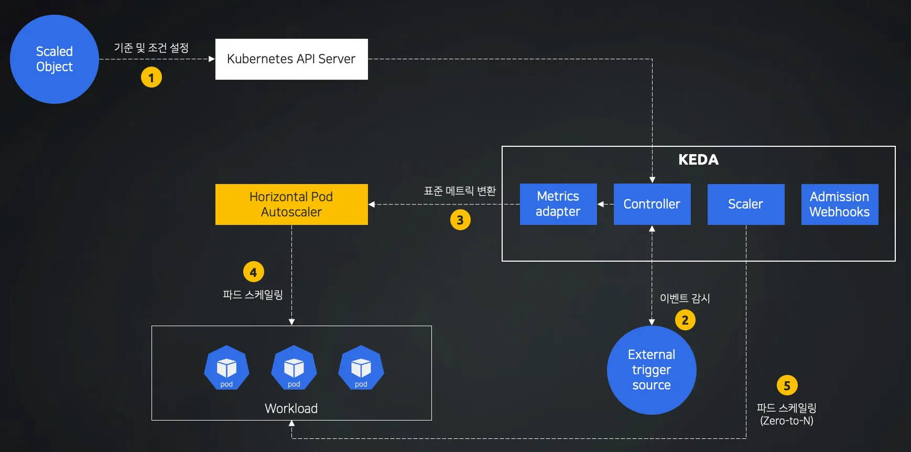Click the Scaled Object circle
[x=55, y=59]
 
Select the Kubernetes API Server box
[x=291, y=59]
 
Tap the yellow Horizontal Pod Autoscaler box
[x=291, y=205]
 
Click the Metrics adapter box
[x=558, y=204]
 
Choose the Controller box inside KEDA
[x=652, y=204]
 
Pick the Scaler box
[x=746, y=204]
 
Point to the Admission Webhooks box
[x=840, y=204]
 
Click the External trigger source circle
[x=652, y=370]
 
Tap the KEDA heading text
[x=698, y=160]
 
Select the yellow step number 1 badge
[x=151, y=78]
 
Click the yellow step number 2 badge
[x=685, y=320]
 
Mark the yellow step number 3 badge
[x=460, y=220]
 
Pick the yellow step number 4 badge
[x=253, y=272]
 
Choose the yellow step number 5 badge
[x=787, y=385]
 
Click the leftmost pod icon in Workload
[x=226, y=368]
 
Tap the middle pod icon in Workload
[x=294, y=368]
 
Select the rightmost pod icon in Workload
[x=361, y=368]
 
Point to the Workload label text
[x=291, y=408]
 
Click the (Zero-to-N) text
[x=787, y=421]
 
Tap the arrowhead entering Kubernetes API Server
[x=212, y=59]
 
